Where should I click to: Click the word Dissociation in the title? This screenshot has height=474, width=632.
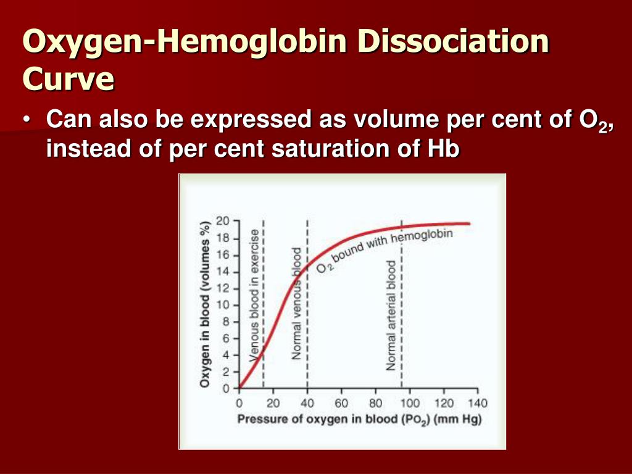pos(453,41)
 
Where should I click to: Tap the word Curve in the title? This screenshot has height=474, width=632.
pos(69,78)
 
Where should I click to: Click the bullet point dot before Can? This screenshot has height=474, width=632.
pos(27,120)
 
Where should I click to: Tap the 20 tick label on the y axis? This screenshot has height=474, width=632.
pos(222,221)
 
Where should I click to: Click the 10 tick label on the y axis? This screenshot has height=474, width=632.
pos(222,305)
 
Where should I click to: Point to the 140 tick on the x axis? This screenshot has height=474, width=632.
pos(478,403)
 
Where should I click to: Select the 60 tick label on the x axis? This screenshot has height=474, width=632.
pos(341,403)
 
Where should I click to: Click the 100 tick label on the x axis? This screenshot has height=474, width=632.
pos(410,403)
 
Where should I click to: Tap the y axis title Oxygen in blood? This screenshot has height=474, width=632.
pos(205,305)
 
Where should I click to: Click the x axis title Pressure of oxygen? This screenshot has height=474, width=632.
pos(360,420)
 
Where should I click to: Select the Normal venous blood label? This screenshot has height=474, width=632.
pos(297,304)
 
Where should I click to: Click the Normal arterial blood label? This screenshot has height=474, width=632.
pos(391,315)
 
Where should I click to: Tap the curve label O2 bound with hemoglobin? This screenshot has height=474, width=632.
pos(385,251)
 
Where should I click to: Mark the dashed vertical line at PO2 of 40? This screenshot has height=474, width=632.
pos(307,304)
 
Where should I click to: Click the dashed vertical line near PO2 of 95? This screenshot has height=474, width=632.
pos(401,304)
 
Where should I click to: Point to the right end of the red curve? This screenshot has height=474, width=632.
pos(470,223)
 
